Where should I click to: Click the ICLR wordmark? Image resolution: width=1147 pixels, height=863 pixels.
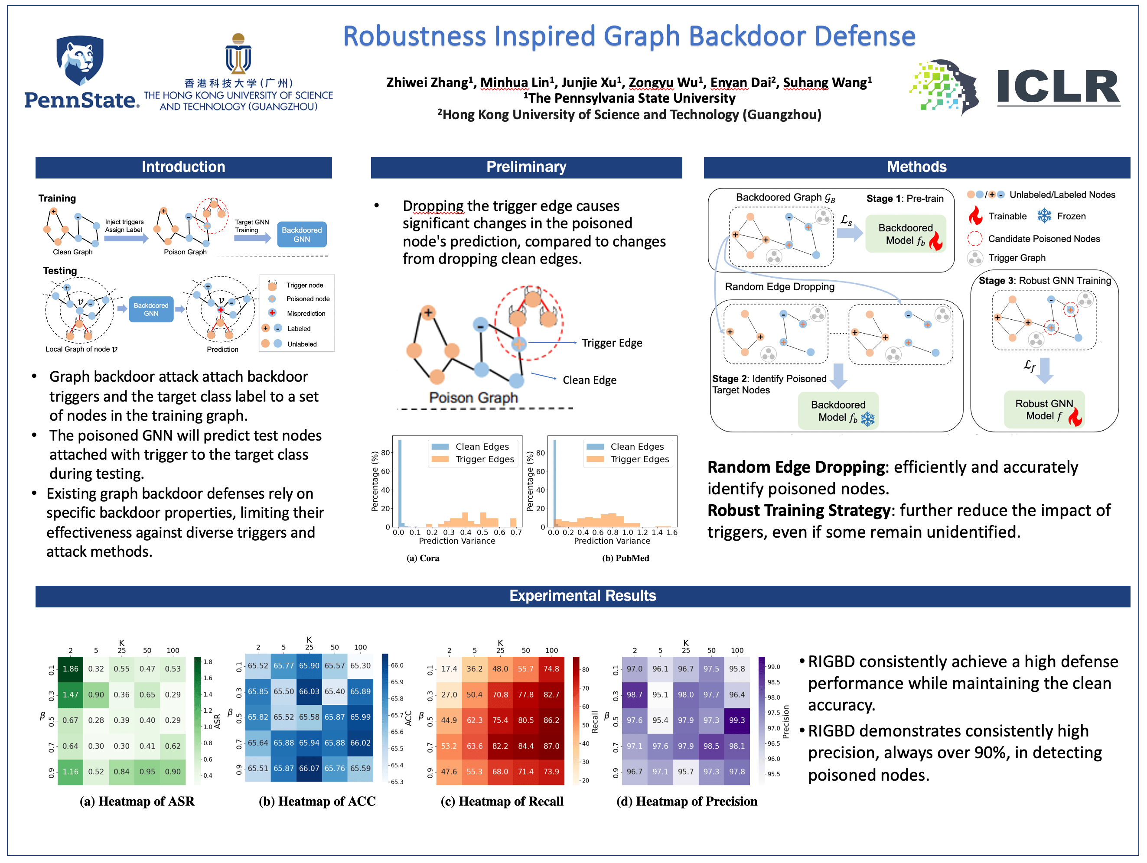tap(1058, 87)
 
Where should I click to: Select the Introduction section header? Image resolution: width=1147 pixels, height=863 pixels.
tap(183, 167)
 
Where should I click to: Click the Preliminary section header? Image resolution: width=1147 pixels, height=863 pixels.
tap(526, 167)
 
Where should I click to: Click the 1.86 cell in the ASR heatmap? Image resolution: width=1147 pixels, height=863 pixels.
tap(71, 668)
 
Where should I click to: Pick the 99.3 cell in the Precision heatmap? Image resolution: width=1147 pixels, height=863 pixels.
tap(737, 720)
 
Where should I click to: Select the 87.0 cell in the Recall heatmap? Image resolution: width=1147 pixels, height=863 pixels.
tap(551, 746)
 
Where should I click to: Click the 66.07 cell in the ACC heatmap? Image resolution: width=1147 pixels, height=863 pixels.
tap(309, 768)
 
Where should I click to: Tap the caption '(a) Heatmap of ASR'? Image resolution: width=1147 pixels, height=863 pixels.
tap(137, 801)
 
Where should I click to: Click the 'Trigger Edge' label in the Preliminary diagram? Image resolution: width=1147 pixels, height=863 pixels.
tap(612, 343)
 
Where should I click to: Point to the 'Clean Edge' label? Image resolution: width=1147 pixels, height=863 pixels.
tap(590, 380)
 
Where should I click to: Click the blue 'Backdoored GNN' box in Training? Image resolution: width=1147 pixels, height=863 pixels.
tap(302, 235)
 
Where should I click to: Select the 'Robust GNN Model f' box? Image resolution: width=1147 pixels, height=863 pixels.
tap(1044, 409)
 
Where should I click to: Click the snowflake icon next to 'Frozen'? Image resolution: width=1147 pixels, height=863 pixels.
tap(1044, 216)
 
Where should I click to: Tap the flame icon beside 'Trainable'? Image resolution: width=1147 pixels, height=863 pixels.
tap(975, 216)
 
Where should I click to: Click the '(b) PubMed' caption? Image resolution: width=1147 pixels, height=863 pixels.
tap(626, 558)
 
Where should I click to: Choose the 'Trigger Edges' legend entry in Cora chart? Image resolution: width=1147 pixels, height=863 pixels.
tap(484, 459)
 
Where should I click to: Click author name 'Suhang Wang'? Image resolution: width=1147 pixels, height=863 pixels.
tap(827, 82)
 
